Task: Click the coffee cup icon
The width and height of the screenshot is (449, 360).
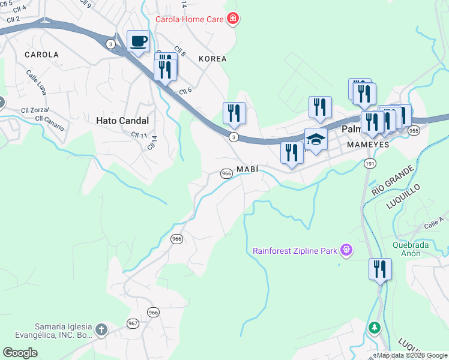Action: [138, 41]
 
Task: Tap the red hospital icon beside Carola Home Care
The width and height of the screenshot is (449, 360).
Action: [232, 19]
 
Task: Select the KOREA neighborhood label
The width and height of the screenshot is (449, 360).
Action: [212, 59]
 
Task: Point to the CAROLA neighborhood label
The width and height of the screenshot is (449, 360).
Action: [42, 55]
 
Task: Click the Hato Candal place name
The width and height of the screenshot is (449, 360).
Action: [122, 120]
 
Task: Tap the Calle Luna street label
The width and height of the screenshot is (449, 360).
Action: [36, 82]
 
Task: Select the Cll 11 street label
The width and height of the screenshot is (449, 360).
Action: [139, 135]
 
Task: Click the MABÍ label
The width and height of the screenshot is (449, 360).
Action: [247, 169]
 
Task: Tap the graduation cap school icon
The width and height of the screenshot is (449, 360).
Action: [316, 140]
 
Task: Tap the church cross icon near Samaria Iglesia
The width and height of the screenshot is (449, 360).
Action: [101, 329]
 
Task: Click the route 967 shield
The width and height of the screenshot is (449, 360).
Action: [133, 323]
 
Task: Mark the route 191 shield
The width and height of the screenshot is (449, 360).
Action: [368, 163]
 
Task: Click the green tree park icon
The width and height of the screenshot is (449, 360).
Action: [375, 328]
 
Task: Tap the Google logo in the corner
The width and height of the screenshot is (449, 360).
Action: [20, 352]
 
